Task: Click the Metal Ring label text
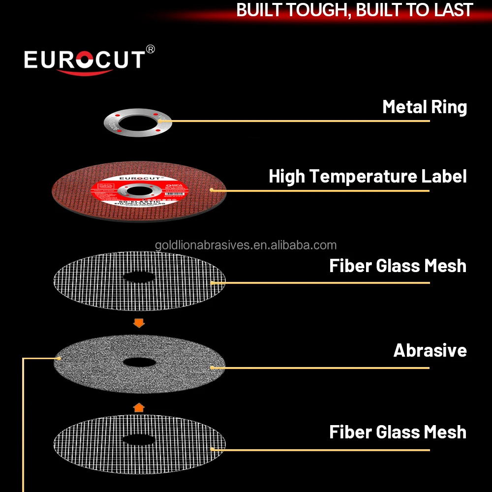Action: coord(425,107)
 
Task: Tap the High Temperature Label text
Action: coord(368,176)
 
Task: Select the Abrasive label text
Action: coord(430,350)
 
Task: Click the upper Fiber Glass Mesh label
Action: coord(398,266)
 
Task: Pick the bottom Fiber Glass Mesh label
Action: coord(398,432)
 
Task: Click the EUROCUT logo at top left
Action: coord(84,60)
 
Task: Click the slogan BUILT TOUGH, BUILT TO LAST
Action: coord(354,10)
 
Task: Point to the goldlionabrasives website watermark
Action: coord(246,245)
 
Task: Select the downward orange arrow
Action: coord(139,323)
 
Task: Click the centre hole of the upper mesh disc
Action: coord(139,277)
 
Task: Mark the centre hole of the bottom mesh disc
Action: coord(139,439)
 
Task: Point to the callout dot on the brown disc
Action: coord(212,190)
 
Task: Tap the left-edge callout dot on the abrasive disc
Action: coord(59,358)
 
